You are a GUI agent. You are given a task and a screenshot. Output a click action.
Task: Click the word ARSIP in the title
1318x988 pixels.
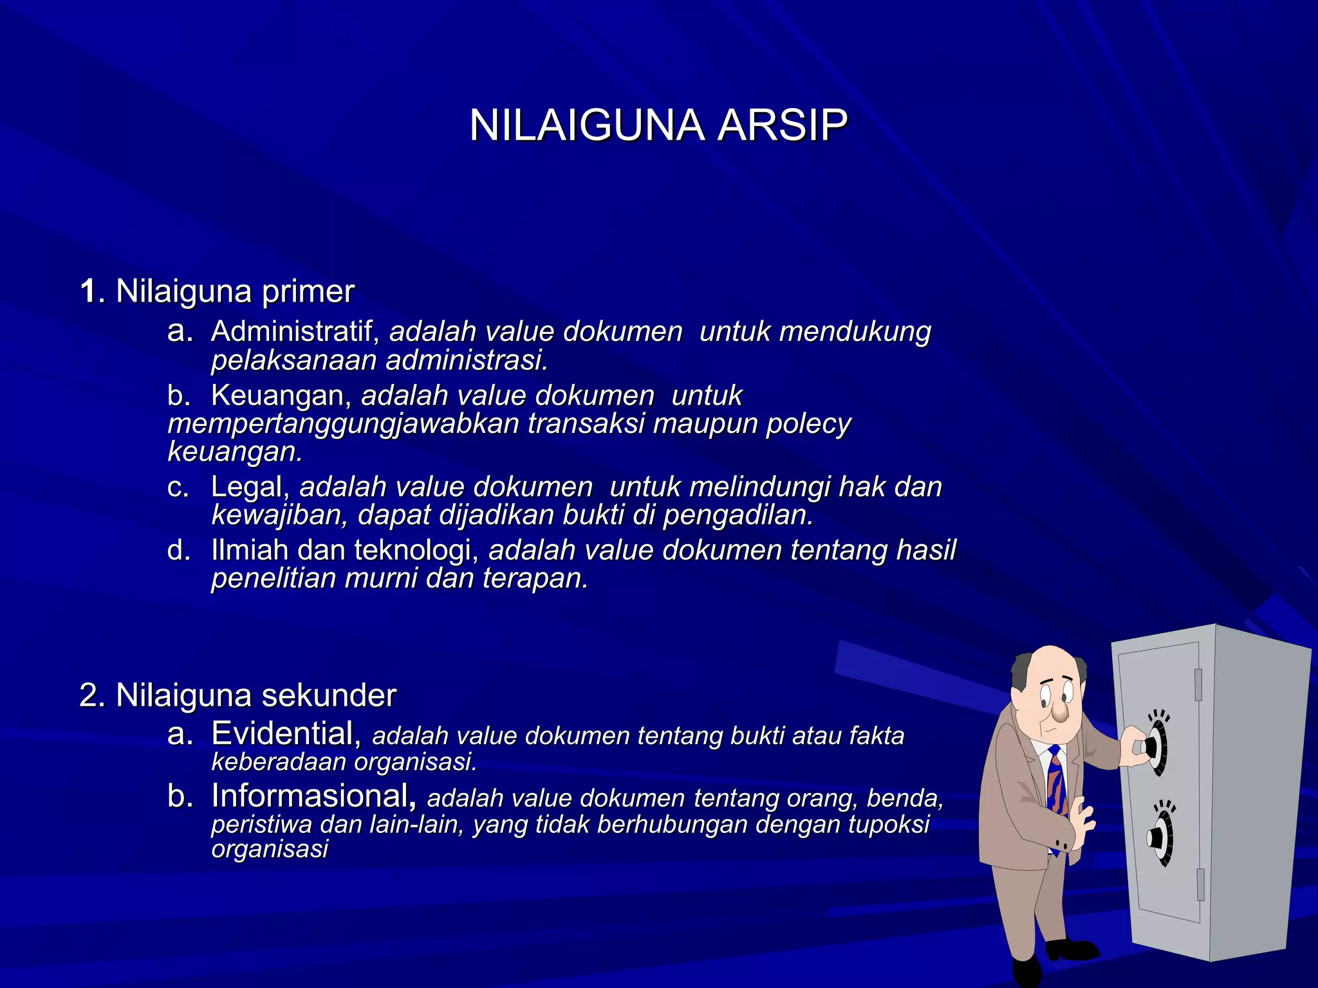[x=782, y=125]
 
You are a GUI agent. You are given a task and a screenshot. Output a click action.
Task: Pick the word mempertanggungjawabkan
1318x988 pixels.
[x=343, y=425]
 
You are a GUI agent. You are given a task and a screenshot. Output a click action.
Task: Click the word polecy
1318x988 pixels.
[x=808, y=425]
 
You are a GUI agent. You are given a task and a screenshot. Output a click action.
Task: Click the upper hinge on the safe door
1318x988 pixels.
[x=1198, y=684]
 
